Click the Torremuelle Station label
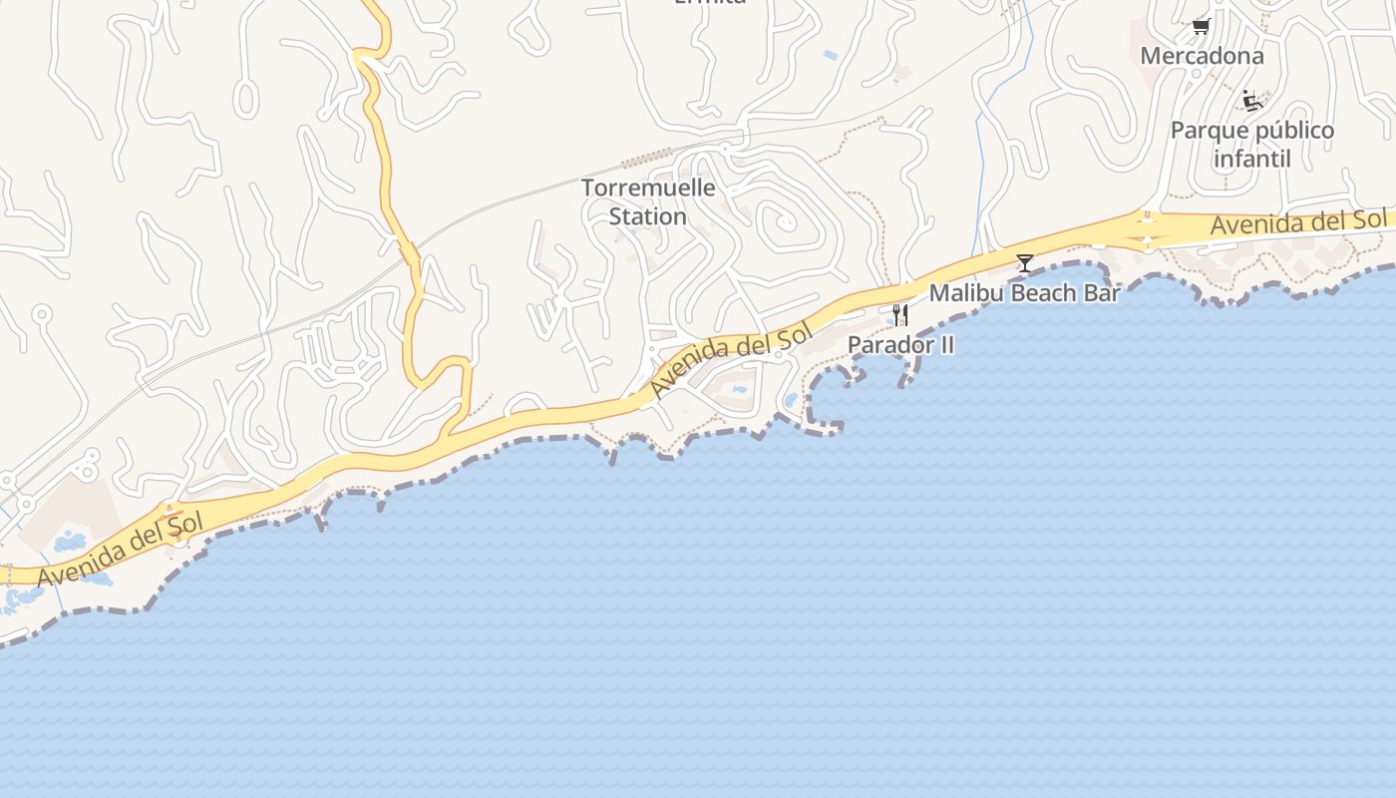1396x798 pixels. point(648,201)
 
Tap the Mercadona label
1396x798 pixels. point(1202,56)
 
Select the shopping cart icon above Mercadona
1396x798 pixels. point(1202,26)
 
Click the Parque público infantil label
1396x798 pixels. point(1252,145)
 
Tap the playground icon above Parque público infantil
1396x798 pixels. point(1252,101)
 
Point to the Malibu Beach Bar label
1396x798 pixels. point(1024,293)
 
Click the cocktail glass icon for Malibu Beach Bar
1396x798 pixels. point(1024,263)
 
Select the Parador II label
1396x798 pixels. point(900,345)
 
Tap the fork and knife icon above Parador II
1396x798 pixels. point(899,315)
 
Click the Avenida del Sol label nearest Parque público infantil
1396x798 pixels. point(1298,222)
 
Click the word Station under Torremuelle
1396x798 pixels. point(648,216)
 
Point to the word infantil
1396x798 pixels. point(1252,159)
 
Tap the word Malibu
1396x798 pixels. point(968,293)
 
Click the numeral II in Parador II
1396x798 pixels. point(944,345)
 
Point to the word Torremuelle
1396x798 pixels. point(648,188)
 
